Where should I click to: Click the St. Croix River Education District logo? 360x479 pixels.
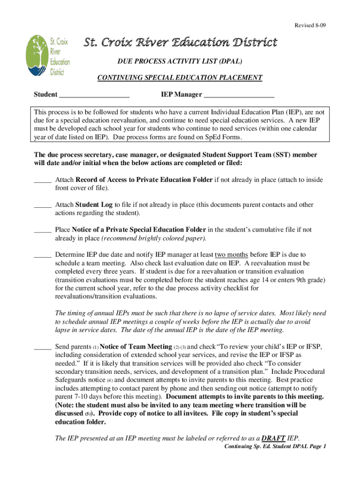pos(48,56)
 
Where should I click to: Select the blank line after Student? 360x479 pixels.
pos(94,96)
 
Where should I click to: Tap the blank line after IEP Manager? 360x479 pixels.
pos(239,96)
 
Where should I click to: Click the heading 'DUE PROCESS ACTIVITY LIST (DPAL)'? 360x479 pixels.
pos(180,61)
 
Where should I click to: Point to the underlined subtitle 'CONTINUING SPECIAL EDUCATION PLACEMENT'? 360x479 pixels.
pos(180,78)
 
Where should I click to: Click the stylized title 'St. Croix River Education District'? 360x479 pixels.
pos(180,43)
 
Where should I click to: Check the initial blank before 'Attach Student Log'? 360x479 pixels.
pos(43,205)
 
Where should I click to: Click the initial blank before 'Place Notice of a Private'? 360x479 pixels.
pos(43,230)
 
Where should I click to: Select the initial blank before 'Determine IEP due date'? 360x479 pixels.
pos(43,255)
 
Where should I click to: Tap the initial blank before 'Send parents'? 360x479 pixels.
pos(43,347)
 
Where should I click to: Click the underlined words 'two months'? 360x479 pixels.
pos(231,255)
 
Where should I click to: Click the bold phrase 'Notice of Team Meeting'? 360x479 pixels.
pos(136,347)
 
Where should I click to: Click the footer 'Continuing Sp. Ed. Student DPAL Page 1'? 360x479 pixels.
pos(275,447)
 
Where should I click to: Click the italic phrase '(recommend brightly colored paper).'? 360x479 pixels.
pos(154,238)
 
